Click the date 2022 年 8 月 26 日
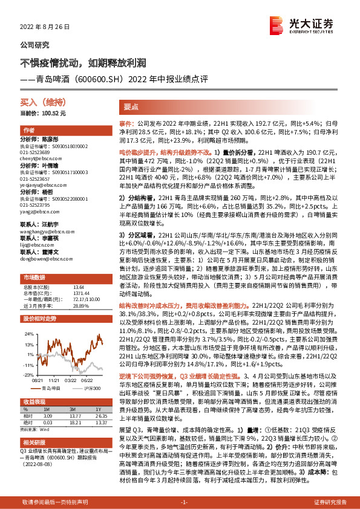tap(45, 28)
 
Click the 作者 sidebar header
tap(28, 131)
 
